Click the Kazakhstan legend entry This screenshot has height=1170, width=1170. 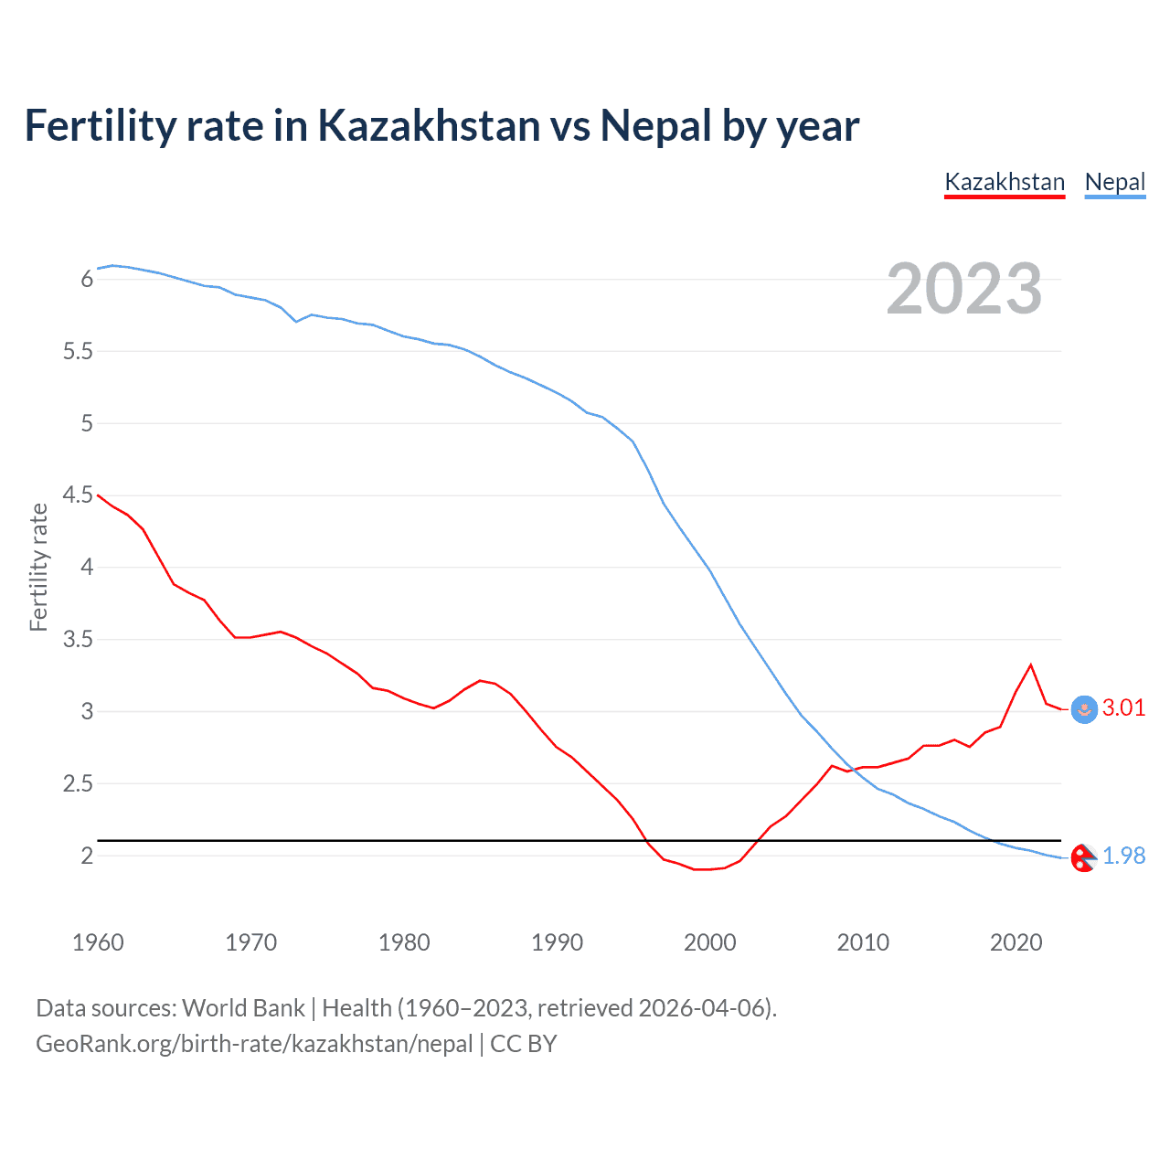click(x=1005, y=182)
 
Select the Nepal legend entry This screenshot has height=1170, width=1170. click(x=1114, y=182)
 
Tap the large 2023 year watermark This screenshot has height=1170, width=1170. click(x=963, y=289)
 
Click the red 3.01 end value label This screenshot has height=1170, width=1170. click(x=1123, y=708)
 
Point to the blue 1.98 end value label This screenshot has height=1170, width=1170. click(x=1123, y=856)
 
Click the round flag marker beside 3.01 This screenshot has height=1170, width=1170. click(x=1084, y=710)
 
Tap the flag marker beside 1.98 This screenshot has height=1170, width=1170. click(x=1083, y=857)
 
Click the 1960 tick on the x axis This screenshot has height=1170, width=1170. click(x=98, y=942)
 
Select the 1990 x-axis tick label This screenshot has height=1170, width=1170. click(x=557, y=942)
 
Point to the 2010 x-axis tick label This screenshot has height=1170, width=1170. click(x=863, y=942)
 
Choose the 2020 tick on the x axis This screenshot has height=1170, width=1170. click(x=1016, y=942)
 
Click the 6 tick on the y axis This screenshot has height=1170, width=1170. click(x=88, y=280)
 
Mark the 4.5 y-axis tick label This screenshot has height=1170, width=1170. click(x=79, y=495)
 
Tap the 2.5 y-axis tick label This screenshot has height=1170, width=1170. click(x=79, y=784)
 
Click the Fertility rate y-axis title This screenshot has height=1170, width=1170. click(x=38, y=567)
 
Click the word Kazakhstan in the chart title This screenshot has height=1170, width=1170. click(x=429, y=126)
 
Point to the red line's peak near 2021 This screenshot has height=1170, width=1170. click(x=1031, y=665)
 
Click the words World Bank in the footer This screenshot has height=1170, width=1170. click(x=243, y=1008)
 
